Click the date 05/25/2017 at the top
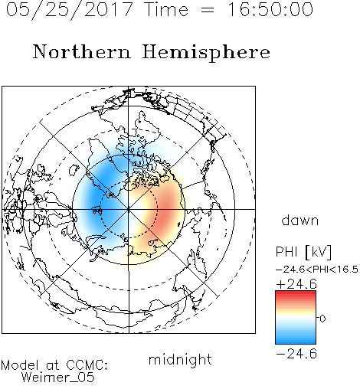click(x=69, y=10)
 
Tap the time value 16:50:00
click(x=270, y=9)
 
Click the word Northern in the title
click(x=82, y=51)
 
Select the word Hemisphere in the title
click(x=206, y=53)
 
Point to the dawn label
click(x=300, y=220)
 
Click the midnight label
click(x=180, y=359)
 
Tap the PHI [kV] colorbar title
click(x=304, y=252)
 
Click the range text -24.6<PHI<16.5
click(x=317, y=270)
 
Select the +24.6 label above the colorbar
click(x=296, y=284)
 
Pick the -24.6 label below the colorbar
click(x=296, y=354)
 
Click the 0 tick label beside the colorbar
click(x=322, y=319)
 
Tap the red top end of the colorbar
click(x=296, y=293)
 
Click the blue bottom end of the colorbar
click(x=296, y=342)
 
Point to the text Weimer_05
click(x=58, y=377)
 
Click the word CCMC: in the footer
click(x=87, y=365)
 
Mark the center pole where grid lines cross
click(x=129, y=209)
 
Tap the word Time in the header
click(x=166, y=9)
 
